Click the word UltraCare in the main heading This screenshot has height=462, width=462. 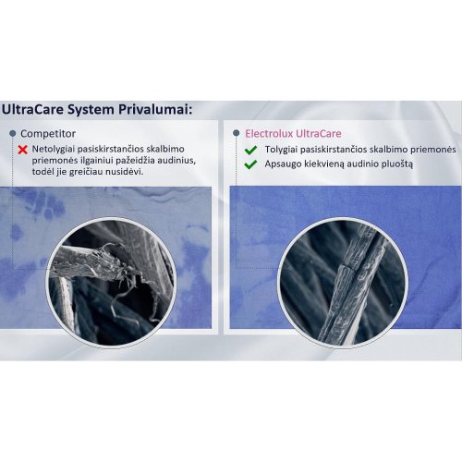32,110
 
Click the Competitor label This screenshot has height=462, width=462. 48,134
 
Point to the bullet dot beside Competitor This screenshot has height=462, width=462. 13,133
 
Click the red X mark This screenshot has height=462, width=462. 22,150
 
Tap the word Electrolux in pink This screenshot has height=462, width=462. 269,134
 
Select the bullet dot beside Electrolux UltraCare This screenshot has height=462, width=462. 237,133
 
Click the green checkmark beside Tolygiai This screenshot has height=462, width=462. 250,150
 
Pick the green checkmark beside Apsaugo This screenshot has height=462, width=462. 250,164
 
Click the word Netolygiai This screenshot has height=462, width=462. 54,150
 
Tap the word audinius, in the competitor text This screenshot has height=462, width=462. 177,161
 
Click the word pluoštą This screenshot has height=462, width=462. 397,164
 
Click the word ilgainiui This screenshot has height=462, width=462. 90,161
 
